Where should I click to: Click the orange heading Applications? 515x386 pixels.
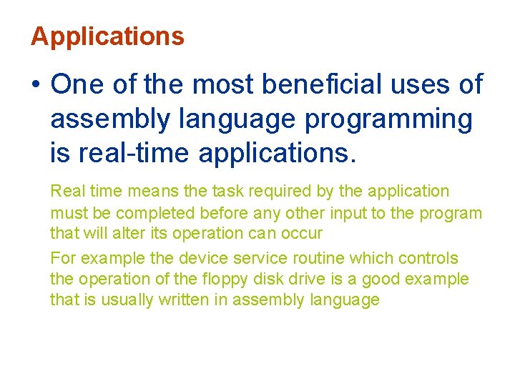tap(107, 36)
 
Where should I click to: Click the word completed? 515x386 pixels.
tap(156, 213)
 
